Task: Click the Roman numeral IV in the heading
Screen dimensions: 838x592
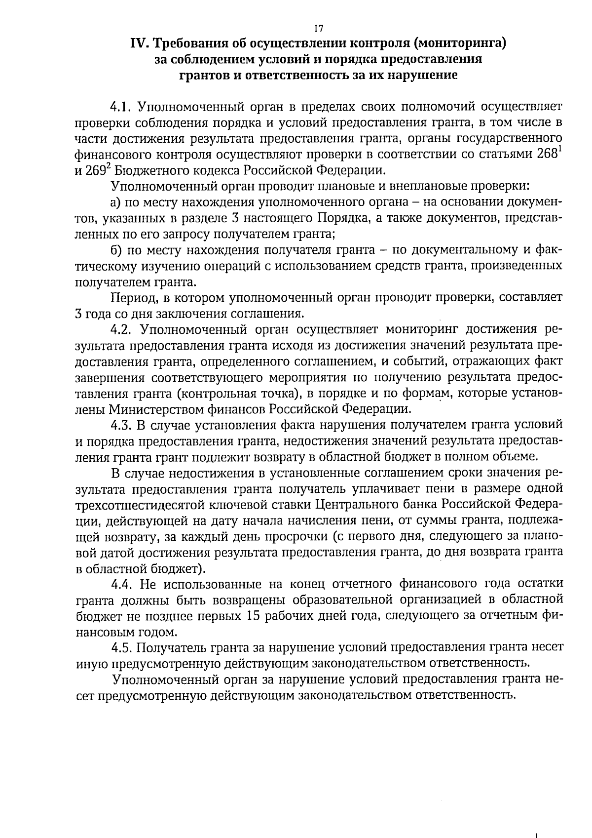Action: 138,44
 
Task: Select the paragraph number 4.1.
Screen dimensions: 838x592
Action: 121,107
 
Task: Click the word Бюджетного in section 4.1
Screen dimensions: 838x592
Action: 144,171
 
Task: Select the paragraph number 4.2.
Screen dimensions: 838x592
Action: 121,329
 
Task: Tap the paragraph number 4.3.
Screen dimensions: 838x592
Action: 121,425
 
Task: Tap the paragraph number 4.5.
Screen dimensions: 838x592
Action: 121,648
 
